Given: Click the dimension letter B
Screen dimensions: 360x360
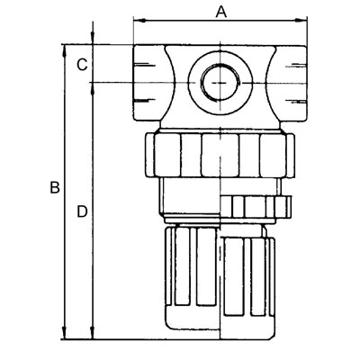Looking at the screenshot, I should (x=54, y=189).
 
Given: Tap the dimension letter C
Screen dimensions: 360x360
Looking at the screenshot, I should (x=81, y=64).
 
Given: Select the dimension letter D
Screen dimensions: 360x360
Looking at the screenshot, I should (x=81, y=212).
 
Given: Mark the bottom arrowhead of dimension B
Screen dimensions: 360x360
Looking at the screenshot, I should (x=65, y=334).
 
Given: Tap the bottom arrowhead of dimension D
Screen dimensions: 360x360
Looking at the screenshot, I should (x=94, y=334).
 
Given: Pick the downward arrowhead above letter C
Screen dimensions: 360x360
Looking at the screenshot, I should (x=94, y=39).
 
